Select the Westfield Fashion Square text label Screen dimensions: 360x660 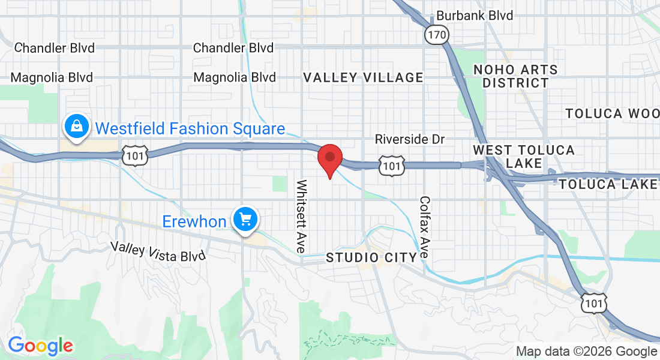pyautogui.click(x=190, y=128)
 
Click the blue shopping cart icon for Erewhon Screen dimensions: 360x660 pyautogui.click(x=245, y=220)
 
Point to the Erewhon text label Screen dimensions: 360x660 pyautogui.click(x=194, y=221)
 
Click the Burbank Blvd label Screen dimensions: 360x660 pyautogui.click(x=475, y=16)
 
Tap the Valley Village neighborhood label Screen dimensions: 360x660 pyautogui.click(x=363, y=77)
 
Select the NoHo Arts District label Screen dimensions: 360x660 pyautogui.click(x=515, y=76)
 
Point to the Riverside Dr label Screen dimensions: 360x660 pyautogui.click(x=410, y=139)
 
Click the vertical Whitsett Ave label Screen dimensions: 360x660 pyautogui.click(x=301, y=216)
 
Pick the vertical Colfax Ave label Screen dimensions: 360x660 pyautogui.click(x=425, y=227)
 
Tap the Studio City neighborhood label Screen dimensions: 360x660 pyautogui.click(x=371, y=257)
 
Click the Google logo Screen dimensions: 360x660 pyautogui.click(x=40, y=346)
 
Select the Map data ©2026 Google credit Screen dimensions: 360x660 pyautogui.click(x=586, y=351)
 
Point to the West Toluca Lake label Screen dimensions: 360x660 pyautogui.click(x=524, y=156)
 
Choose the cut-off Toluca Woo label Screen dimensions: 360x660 pyautogui.click(x=612, y=113)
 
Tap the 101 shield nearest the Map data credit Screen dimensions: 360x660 pyautogui.click(x=594, y=304)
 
